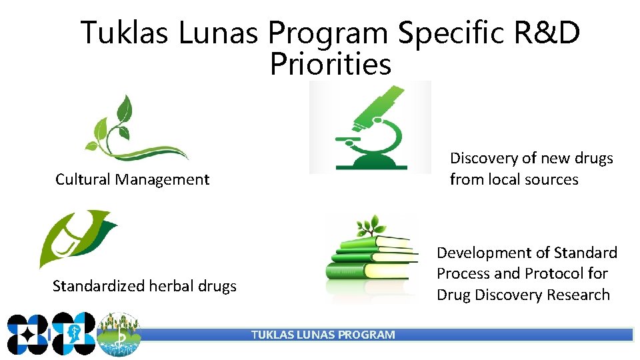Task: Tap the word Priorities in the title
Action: tap(331, 65)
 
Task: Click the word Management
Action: tap(162, 179)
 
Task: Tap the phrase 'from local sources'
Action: tap(514, 179)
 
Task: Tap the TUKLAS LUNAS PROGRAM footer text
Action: tap(323, 335)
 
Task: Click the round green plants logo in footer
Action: tap(119, 335)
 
